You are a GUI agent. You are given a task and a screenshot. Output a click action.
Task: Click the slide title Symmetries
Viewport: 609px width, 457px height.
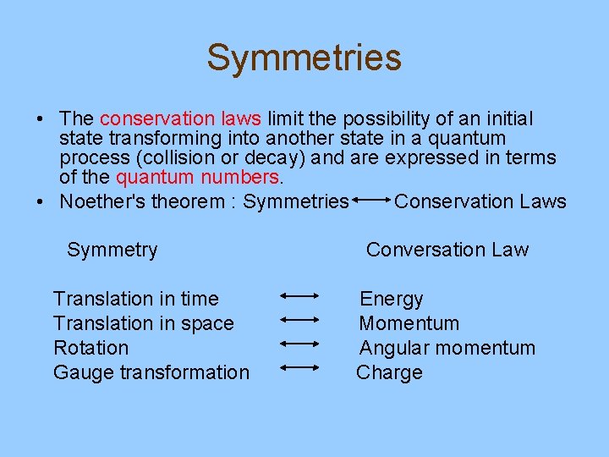(x=304, y=58)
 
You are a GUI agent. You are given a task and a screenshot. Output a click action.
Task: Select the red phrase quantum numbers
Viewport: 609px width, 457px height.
(x=197, y=177)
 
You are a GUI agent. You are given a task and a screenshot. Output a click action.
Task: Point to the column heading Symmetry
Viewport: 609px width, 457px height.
(x=112, y=250)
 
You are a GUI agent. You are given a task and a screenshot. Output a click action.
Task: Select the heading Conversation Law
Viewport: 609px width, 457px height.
(x=447, y=250)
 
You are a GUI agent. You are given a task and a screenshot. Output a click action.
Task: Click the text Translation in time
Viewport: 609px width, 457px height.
(x=135, y=299)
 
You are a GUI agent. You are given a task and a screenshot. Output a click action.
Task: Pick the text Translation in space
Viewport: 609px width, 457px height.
(x=143, y=323)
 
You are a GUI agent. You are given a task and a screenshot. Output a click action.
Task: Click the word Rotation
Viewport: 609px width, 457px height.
(x=91, y=348)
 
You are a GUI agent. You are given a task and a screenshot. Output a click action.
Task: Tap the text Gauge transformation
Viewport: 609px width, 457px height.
(x=151, y=372)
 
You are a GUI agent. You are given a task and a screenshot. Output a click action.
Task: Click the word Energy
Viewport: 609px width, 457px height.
(x=391, y=299)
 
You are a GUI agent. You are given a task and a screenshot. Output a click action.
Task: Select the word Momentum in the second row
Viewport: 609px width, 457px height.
(x=409, y=323)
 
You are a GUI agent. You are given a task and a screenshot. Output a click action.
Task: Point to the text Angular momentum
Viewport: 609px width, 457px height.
(x=447, y=348)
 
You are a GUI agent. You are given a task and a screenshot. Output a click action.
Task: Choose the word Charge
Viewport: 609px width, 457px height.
(x=389, y=372)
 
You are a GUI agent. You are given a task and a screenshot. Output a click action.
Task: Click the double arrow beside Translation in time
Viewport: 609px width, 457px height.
(x=298, y=296)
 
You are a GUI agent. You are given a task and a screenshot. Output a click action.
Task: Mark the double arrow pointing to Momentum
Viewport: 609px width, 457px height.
(x=298, y=320)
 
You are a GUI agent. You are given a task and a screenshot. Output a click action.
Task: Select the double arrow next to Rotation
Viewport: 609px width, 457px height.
(x=298, y=344)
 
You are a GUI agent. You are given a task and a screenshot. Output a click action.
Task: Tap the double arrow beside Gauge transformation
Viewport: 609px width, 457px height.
(x=298, y=367)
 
